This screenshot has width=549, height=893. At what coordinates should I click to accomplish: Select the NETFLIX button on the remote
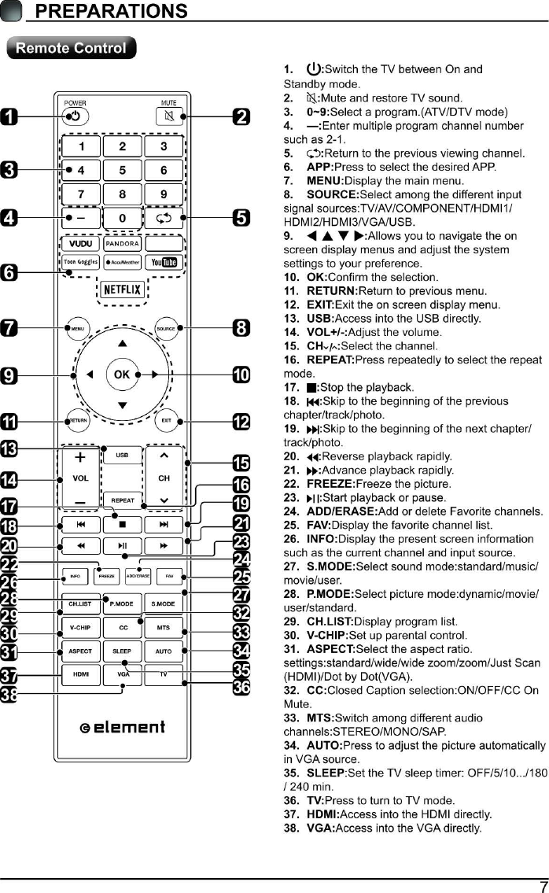(x=123, y=290)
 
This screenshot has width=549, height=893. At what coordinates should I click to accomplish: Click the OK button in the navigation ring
(x=122, y=375)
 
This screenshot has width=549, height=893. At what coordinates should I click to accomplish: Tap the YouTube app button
(x=164, y=262)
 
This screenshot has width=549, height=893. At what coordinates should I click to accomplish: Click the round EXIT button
(x=166, y=420)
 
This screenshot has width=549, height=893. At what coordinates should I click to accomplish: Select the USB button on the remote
(x=122, y=455)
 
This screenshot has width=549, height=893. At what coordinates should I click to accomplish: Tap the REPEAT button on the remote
(x=122, y=500)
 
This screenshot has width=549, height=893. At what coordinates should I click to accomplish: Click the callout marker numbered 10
(x=241, y=375)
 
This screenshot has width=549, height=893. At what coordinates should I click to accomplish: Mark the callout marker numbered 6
(x=10, y=273)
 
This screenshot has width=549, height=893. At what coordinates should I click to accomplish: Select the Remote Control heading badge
(x=71, y=48)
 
